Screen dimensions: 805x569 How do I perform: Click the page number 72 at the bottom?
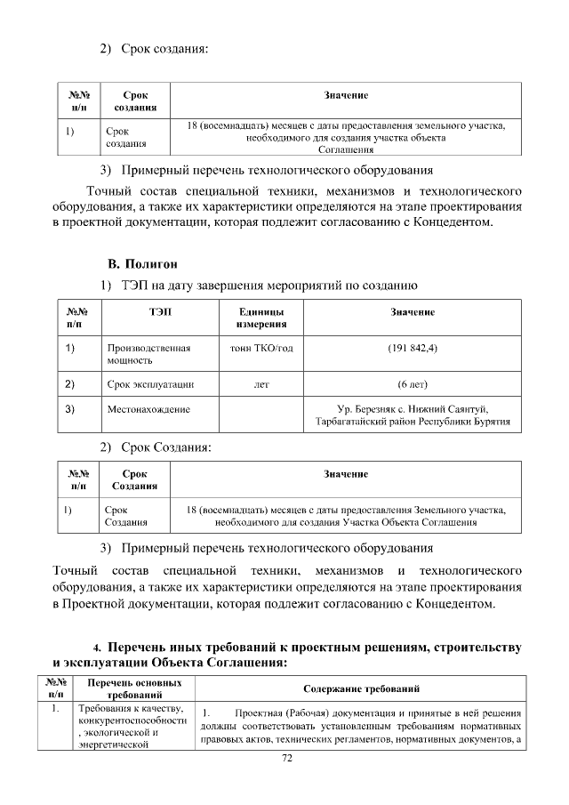(286, 759)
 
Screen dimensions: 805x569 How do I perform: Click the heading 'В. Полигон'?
(142, 264)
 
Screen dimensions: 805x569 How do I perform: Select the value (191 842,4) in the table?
(413, 348)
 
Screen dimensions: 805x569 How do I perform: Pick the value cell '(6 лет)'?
(413, 384)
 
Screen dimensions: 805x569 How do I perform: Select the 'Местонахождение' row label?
(148, 409)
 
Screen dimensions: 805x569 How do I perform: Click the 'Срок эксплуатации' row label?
(150, 384)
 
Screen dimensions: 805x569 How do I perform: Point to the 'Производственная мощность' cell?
(148, 354)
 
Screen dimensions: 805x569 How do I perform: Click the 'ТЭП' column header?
(161, 312)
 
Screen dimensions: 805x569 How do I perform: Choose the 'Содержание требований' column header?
(361, 689)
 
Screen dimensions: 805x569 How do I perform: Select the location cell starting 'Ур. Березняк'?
(413, 415)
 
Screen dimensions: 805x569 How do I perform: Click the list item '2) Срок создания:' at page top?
(153, 48)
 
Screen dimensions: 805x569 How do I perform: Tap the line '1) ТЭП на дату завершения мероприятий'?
(257, 286)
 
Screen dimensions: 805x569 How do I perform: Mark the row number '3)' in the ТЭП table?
(70, 409)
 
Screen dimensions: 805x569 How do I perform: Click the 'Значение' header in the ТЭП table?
(413, 312)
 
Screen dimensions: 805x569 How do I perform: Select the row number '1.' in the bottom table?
(55, 709)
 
